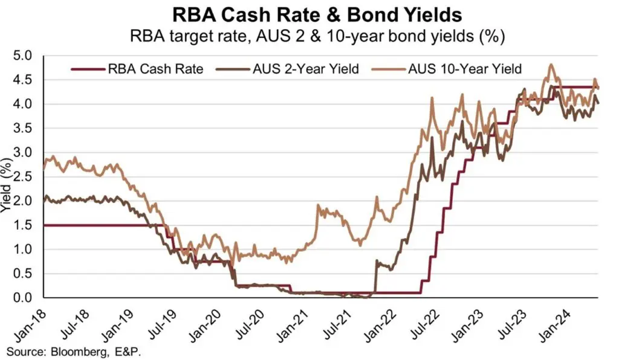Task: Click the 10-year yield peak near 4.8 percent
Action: tap(550, 65)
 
